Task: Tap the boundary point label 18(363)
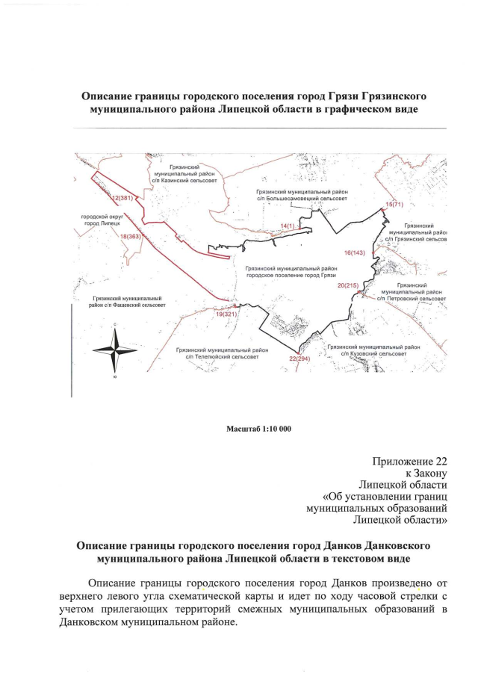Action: (x=131, y=236)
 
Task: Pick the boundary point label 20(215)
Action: (x=348, y=285)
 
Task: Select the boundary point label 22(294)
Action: (x=299, y=359)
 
